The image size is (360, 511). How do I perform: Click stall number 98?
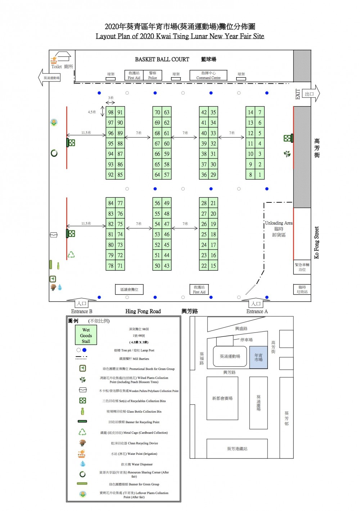click(111, 112)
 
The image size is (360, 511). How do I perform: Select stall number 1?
click(260, 175)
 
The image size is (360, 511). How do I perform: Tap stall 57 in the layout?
click(166, 175)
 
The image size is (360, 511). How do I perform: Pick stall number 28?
click(204, 203)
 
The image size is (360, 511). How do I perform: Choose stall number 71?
click(120, 266)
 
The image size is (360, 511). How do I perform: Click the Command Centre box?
click(208, 75)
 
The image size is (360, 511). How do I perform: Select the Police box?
click(153, 75)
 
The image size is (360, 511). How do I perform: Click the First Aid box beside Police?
click(134, 75)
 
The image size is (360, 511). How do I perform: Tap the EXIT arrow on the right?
click(310, 94)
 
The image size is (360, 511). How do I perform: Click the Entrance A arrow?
click(256, 303)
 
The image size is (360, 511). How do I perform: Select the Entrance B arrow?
click(82, 303)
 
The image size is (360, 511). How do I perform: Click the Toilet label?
click(57, 67)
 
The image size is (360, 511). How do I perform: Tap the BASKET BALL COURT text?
click(162, 59)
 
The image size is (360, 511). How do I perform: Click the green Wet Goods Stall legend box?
click(86, 335)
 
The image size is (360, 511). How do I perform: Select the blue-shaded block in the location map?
click(258, 357)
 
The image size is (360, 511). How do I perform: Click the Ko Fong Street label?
click(317, 242)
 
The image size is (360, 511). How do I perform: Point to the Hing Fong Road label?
click(143, 311)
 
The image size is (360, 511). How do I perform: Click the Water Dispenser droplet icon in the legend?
click(83, 464)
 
